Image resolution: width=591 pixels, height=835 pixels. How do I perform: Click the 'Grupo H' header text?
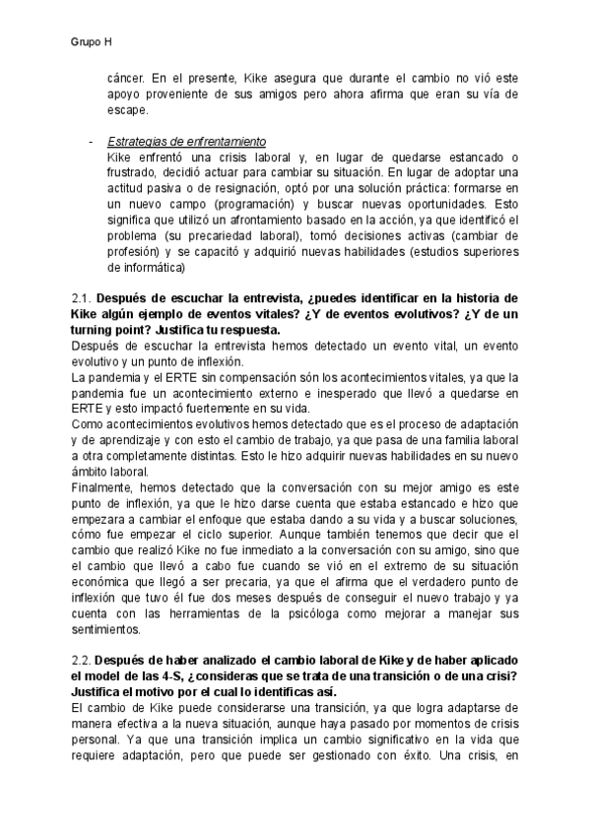91,42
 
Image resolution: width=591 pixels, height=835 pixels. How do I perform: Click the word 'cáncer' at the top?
132,76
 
